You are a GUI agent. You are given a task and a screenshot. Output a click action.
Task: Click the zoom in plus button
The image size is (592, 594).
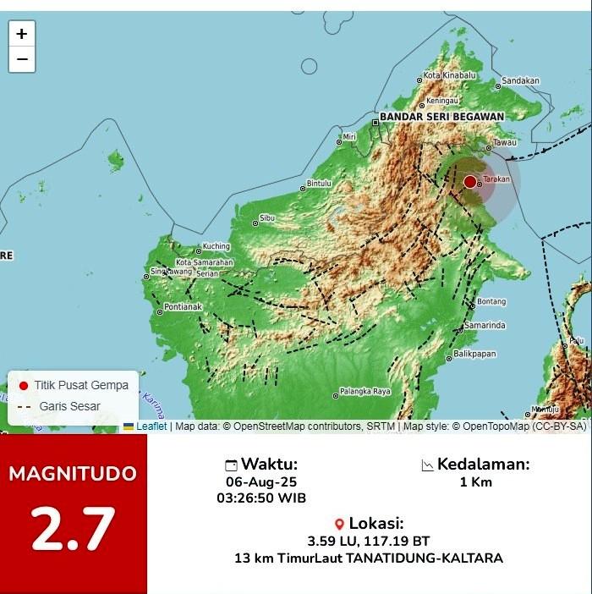(22, 34)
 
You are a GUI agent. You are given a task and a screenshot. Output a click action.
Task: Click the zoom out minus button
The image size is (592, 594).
(22, 59)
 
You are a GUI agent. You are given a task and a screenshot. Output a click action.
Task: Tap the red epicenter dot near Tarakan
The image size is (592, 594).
(470, 181)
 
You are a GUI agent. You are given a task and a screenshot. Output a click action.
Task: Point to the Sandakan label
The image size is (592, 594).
(520, 81)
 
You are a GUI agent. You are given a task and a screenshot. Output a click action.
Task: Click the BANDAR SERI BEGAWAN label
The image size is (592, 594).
(441, 117)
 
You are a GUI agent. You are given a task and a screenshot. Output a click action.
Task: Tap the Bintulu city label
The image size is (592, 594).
(318, 183)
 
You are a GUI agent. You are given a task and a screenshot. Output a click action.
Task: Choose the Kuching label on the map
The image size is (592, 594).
(217, 247)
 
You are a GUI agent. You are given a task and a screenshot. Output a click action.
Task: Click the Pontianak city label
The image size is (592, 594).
(183, 306)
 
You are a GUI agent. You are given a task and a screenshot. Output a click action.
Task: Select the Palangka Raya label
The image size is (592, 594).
(365, 391)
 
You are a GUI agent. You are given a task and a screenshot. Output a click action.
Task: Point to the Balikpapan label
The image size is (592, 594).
(474, 354)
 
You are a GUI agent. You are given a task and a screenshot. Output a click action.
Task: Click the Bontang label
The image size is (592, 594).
(491, 301)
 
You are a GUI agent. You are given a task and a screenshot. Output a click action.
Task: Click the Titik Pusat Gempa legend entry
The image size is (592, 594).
(80, 385)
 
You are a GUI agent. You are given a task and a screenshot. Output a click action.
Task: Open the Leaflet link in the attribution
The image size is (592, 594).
(151, 426)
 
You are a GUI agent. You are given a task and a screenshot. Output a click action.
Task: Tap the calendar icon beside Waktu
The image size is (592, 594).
(231, 465)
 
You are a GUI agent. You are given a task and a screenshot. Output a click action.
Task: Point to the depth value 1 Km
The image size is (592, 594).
(475, 482)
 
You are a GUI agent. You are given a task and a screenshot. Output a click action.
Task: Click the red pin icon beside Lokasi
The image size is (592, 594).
(339, 524)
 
